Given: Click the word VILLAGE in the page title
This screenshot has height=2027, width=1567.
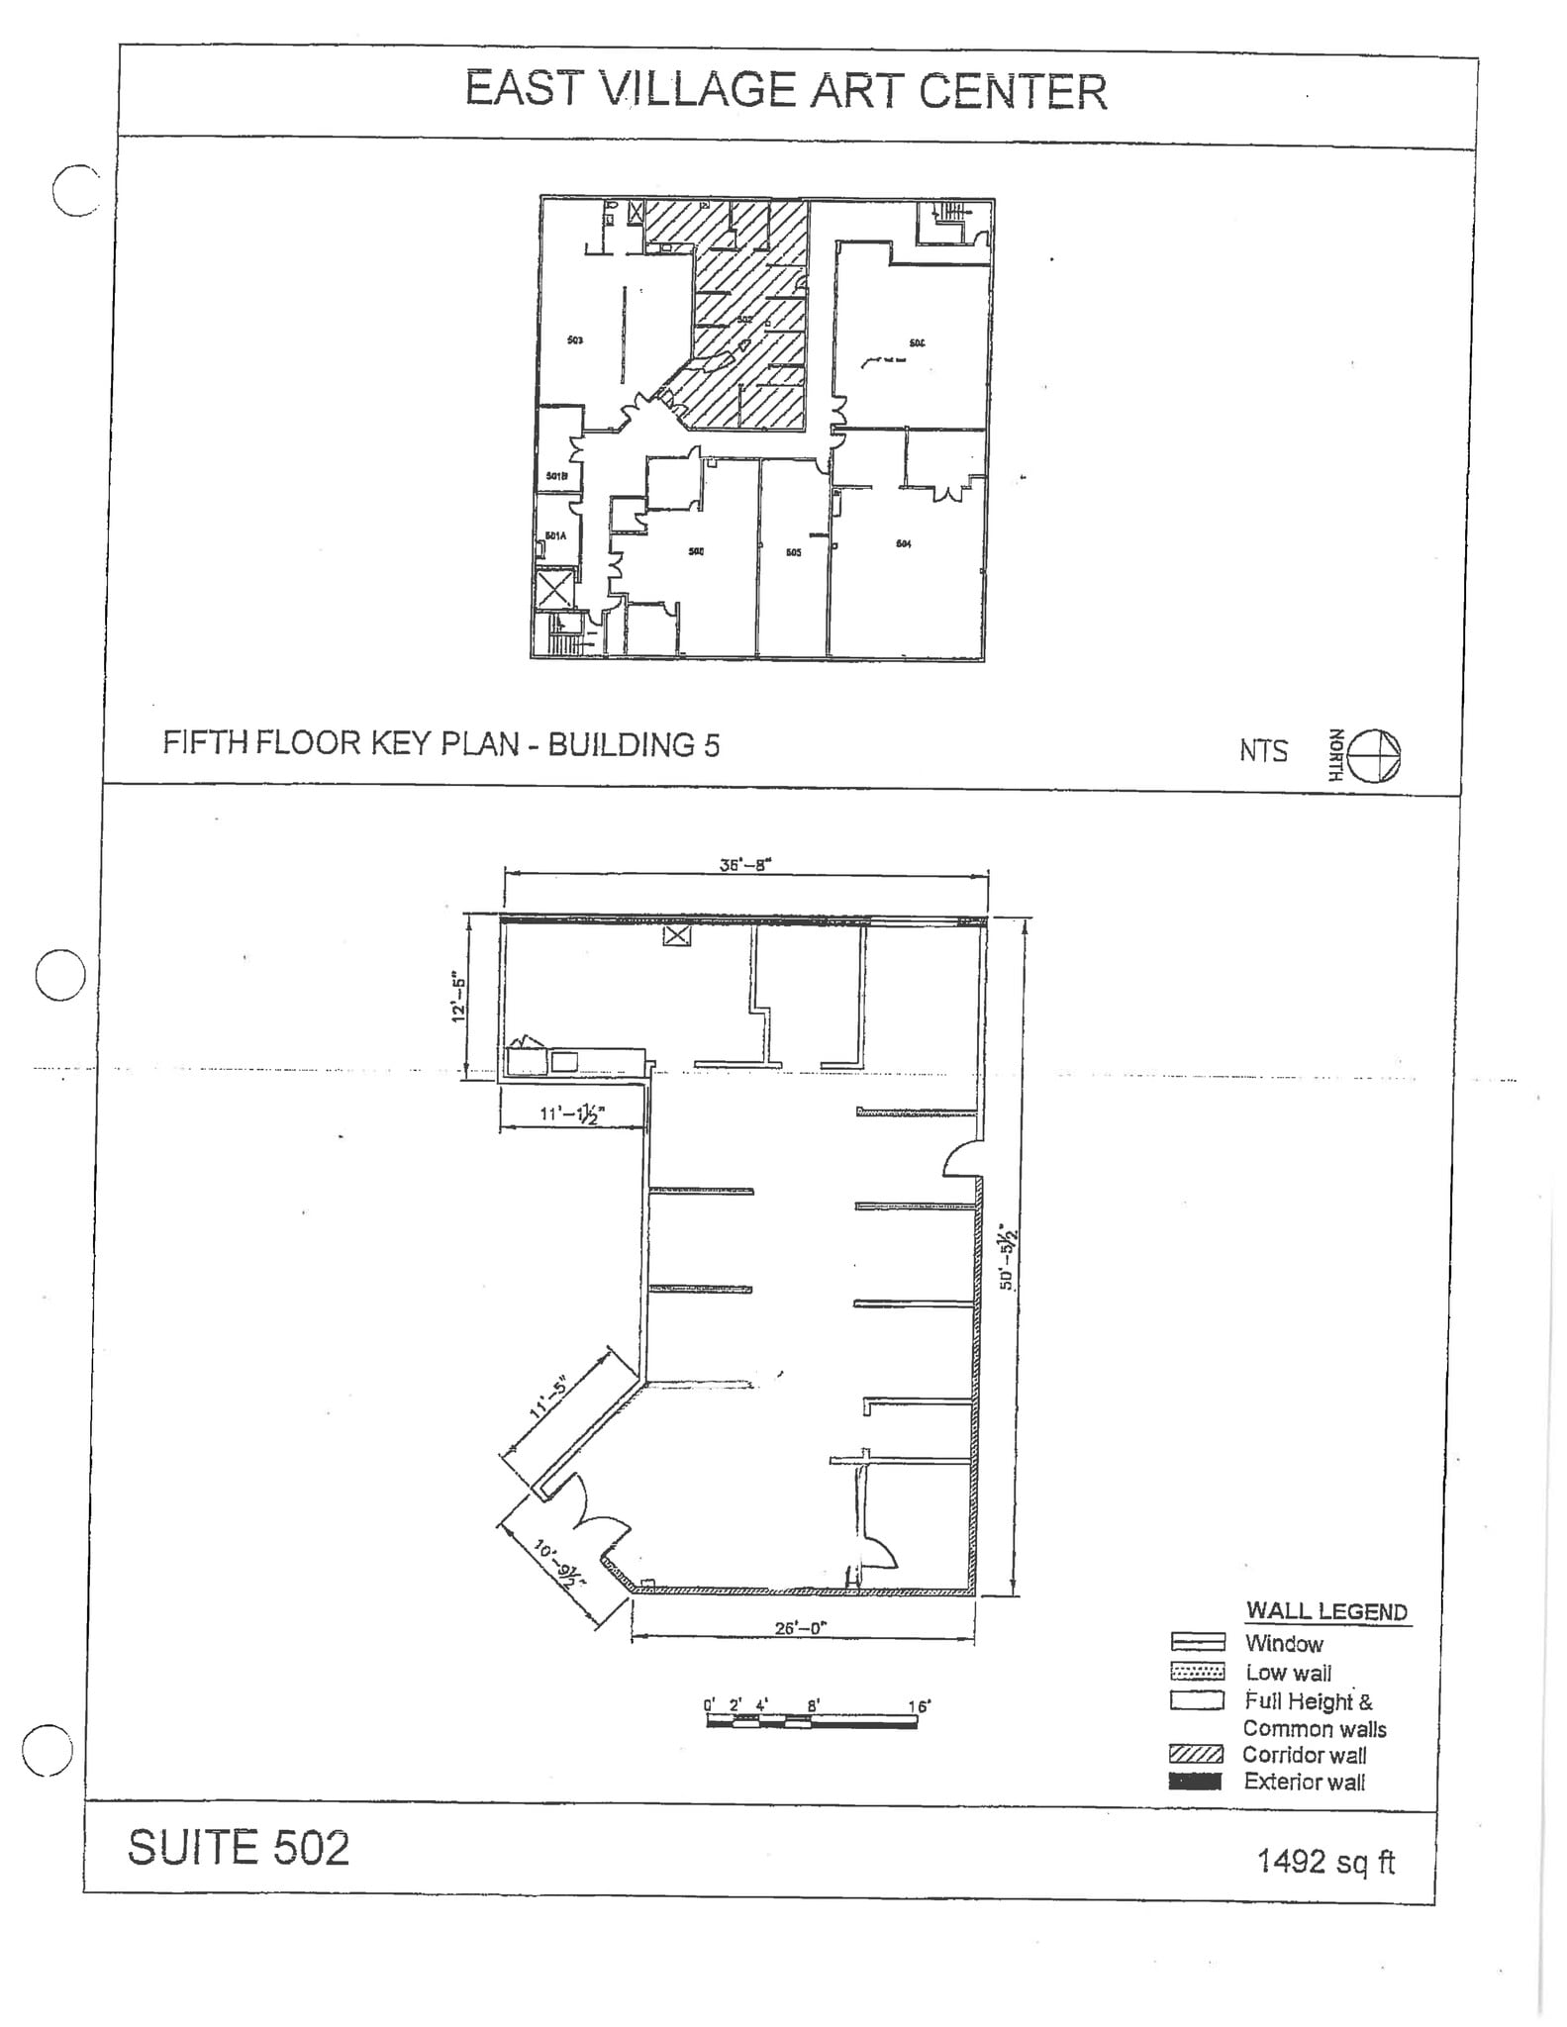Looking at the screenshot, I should [x=698, y=90].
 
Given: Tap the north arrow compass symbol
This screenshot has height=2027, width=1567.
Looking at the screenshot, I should [x=1375, y=756].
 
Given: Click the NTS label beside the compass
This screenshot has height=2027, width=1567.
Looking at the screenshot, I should [x=1263, y=751].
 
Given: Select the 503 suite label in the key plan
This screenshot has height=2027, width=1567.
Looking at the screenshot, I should [x=575, y=340].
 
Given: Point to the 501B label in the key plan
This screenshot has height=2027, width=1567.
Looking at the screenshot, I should [x=556, y=476].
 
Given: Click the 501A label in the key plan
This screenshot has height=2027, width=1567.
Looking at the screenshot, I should [x=555, y=536].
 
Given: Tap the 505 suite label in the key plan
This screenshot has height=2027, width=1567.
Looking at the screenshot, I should [x=793, y=552].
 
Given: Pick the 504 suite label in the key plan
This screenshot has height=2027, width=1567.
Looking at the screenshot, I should [x=903, y=544].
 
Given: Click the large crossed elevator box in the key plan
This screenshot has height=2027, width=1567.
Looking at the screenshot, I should [x=553, y=591].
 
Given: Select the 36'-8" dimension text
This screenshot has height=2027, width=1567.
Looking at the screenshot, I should [x=744, y=864].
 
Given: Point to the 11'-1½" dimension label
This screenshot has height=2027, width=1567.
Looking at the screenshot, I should [x=571, y=1113].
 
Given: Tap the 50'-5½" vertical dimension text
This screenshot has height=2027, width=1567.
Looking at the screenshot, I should [x=1007, y=1257].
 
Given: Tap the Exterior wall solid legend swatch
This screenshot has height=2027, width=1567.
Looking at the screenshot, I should [x=1196, y=1782].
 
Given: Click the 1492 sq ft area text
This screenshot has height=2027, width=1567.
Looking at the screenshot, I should [x=1325, y=1861].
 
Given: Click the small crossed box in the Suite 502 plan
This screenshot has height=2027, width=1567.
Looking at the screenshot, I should [x=676, y=934].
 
